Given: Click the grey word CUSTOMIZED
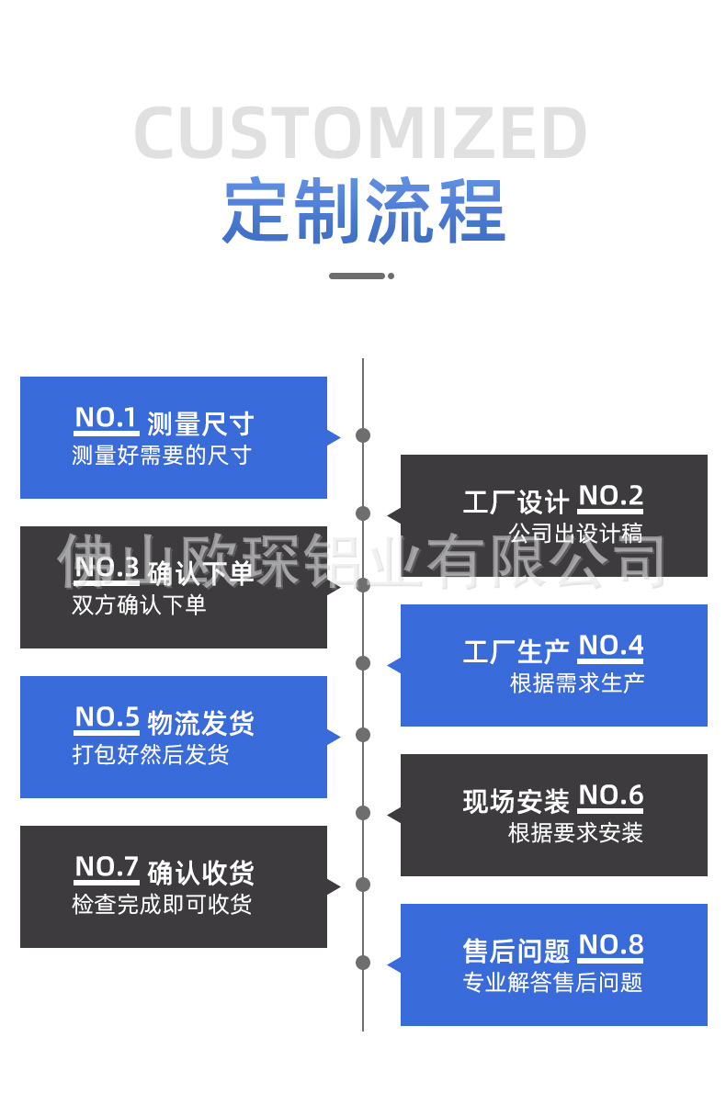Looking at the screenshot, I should pos(361,134).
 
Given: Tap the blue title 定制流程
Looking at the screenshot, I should pos(364,210).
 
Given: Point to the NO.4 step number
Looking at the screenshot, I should pos(610,647).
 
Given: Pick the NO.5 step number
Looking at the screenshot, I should pos(107,717).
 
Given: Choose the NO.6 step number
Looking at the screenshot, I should pos(610,795).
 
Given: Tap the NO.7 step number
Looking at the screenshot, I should pos(107,867).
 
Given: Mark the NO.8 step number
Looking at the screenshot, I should pos(610,945).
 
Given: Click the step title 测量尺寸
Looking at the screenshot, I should pos(200,423).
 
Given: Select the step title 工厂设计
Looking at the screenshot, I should pos(516,502).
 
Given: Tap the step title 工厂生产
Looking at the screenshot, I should pos(516,652).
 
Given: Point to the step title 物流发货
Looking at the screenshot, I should pos(200,723).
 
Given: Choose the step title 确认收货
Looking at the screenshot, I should pos(200,873).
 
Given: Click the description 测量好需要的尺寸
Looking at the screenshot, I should pos(162,455).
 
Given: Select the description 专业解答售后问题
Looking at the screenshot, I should pos(552,982).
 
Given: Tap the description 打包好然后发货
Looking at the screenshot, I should pos(151,754).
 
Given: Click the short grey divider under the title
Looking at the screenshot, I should pos(360,276).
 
